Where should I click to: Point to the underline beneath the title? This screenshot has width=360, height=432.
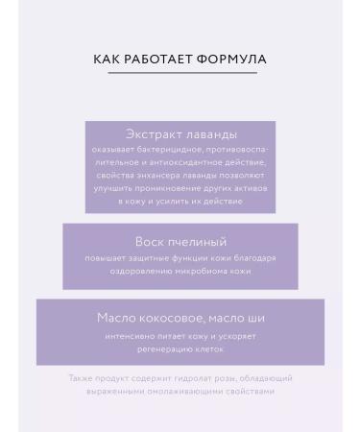click(180, 73)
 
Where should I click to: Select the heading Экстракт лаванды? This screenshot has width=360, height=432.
click(180, 133)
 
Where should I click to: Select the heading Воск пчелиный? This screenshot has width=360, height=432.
click(180, 241)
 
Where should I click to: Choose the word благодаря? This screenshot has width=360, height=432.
click(254, 257)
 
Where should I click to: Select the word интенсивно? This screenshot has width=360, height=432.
click(131, 336)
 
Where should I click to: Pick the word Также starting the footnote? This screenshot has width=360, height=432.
click(81, 378)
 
